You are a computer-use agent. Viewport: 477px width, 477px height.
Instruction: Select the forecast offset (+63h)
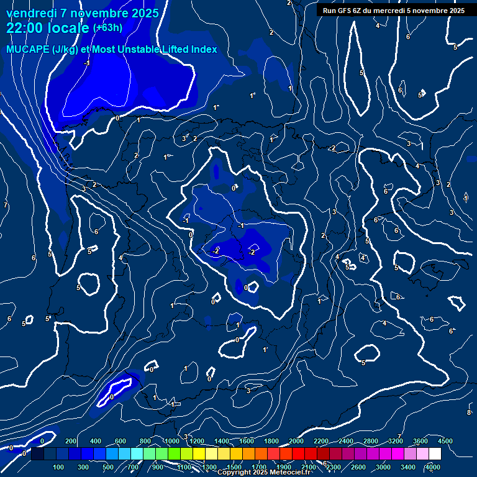point(107,28)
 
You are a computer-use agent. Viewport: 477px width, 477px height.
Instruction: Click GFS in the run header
point(346,11)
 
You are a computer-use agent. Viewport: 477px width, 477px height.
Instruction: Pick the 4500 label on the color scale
point(445,441)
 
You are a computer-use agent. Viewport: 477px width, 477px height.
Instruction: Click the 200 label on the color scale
point(71,441)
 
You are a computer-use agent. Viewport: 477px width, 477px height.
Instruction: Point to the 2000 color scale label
point(296,441)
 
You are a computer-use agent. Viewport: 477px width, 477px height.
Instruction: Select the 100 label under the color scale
point(59,467)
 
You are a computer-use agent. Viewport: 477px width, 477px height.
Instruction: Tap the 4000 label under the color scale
point(433,467)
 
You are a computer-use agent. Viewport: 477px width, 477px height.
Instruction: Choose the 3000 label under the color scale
point(383,467)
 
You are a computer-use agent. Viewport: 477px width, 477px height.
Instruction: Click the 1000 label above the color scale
point(171,441)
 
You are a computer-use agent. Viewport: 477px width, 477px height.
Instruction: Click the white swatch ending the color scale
point(435,454)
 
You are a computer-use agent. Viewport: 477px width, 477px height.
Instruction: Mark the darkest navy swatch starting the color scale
point(37,454)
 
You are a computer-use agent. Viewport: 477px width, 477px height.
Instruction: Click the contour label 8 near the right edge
point(469,412)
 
